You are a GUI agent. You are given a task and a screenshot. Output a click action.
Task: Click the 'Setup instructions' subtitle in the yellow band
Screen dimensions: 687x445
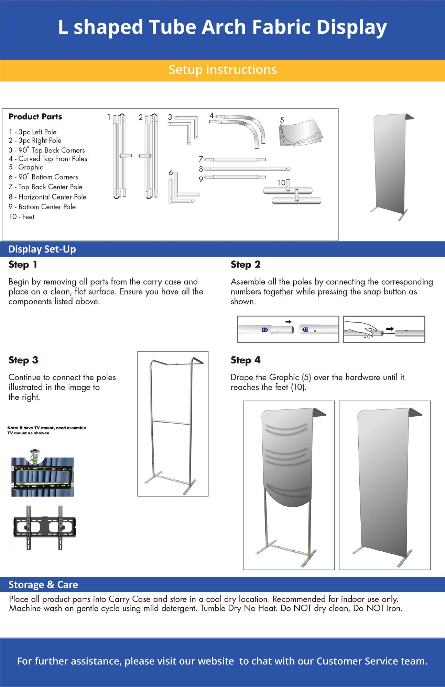tap(222, 70)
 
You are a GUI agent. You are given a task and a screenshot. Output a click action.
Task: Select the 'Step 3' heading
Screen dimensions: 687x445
tap(23, 360)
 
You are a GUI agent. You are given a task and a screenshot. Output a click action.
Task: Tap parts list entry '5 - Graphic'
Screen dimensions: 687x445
tap(26, 167)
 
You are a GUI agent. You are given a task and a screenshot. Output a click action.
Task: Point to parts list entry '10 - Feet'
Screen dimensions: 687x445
tap(22, 217)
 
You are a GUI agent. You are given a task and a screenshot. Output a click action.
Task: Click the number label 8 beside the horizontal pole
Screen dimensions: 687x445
tap(201, 169)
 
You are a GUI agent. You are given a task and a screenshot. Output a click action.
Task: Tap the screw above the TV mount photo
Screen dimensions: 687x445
tap(34, 456)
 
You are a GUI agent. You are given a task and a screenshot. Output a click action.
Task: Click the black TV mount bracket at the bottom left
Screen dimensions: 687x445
tap(44, 527)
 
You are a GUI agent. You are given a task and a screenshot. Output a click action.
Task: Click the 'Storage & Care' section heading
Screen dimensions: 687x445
tap(43, 585)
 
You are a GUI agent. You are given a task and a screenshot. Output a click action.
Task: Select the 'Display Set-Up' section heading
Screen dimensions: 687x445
tap(42, 249)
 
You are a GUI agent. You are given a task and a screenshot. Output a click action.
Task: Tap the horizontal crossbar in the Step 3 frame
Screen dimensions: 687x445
tap(171, 422)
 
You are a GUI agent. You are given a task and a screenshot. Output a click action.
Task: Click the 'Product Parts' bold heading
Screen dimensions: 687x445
tap(35, 117)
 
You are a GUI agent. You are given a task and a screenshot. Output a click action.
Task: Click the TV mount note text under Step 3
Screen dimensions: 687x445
tap(46, 430)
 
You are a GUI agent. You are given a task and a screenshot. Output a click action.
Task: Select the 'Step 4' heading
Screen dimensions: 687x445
tap(246, 360)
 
